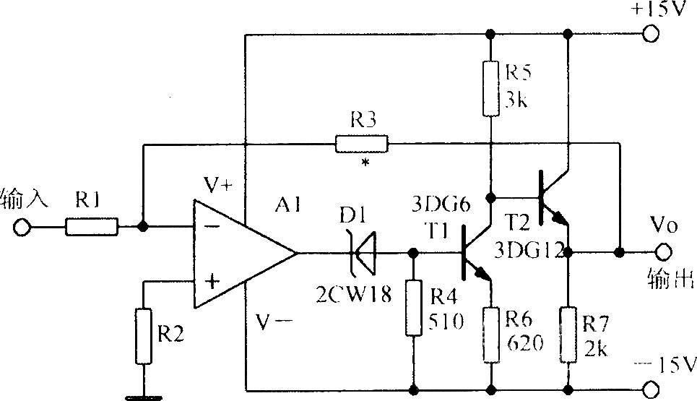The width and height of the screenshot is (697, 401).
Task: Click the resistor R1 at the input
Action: tap(91, 227)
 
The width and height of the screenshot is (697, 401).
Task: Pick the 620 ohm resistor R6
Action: tap(491, 334)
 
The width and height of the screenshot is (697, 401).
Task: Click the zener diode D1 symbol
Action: tap(361, 253)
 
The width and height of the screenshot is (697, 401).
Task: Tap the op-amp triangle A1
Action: tap(238, 253)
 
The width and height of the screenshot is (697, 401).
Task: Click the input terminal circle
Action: tap(22, 228)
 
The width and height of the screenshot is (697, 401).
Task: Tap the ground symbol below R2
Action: tap(142, 397)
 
